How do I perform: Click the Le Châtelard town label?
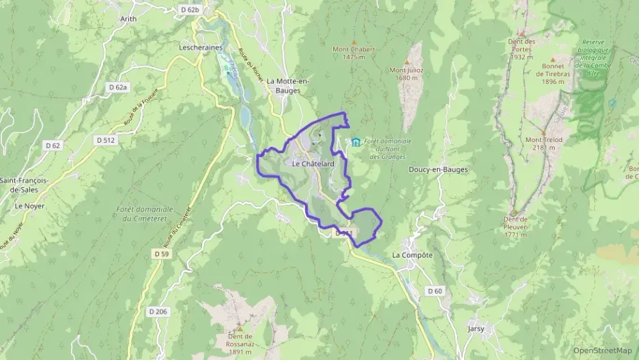[313, 164]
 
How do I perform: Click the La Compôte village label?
[412, 255]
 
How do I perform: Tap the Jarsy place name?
[476, 328]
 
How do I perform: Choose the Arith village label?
[128, 19]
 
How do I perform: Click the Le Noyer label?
[29, 205]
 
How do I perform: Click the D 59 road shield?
[159, 254]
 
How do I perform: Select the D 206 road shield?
[158, 311]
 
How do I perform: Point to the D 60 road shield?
[435, 291]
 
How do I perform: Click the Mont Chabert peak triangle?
[354, 42]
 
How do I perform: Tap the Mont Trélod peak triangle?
[543, 132]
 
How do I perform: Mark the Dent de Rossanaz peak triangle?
[240, 329]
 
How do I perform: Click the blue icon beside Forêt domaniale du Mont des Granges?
[356, 142]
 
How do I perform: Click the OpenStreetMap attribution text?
[603, 350]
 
